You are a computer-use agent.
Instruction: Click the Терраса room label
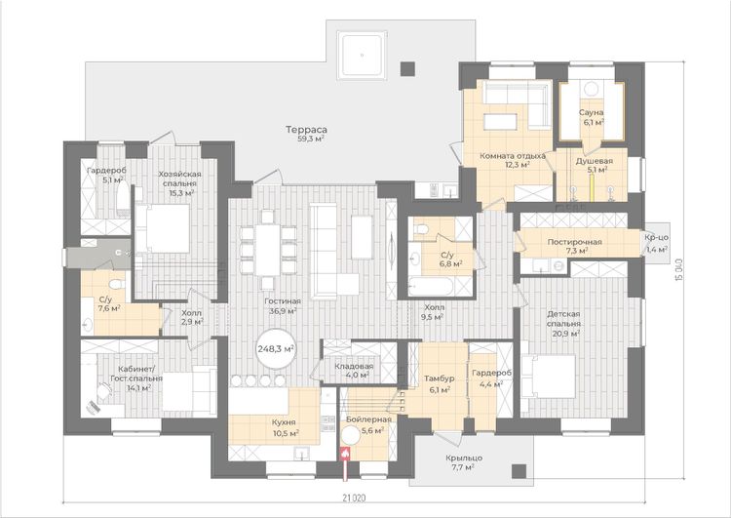click(306, 130)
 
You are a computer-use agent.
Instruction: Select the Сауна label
click(592, 112)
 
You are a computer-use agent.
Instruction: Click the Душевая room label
click(594, 161)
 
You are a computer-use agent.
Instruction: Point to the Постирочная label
click(574, 242)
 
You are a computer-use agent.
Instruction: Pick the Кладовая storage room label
click(355, 366)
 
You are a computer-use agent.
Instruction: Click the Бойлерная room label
click(368, 419)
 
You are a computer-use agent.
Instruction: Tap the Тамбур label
click(439, 379)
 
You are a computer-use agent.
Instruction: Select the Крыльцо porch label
click(464, 458)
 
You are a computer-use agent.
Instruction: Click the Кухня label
click(284, 422)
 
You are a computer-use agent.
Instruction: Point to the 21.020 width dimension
click(355, 498)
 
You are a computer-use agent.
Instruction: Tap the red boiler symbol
click(345, 454)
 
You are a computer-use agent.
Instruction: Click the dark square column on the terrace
click(407, 69)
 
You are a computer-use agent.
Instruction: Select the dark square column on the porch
click(519, 471)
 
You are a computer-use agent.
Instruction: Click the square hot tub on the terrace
click(363, 55)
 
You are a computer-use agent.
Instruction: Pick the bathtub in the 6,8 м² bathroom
click(431, 287)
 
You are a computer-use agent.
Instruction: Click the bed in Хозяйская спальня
click(163, 228)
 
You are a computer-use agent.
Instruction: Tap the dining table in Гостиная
click(268, 250)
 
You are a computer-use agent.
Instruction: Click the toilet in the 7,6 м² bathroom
click(116, 283)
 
